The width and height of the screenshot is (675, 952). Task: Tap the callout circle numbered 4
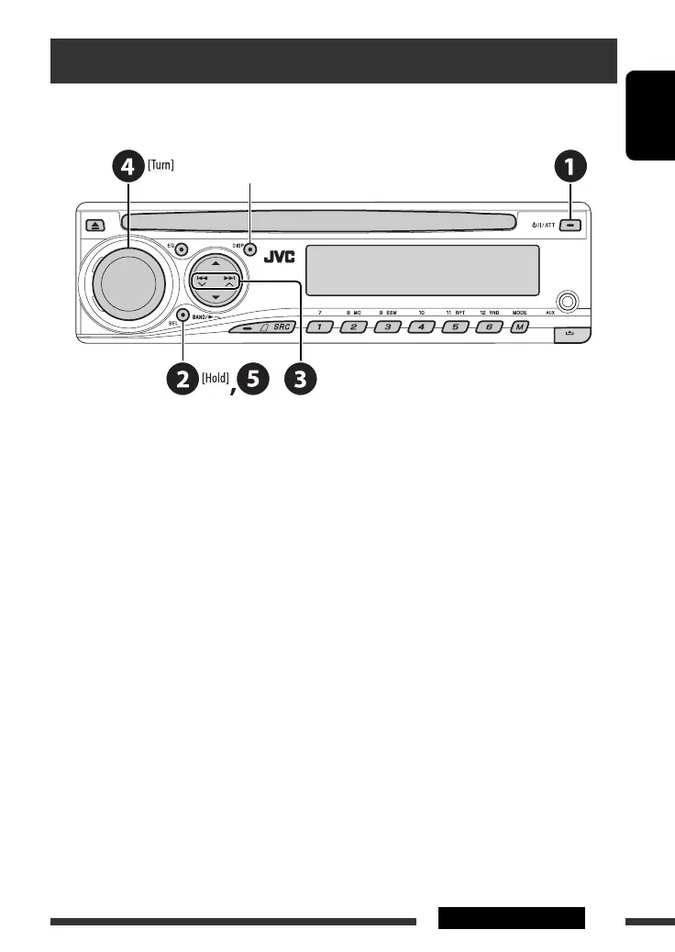coord(128,168)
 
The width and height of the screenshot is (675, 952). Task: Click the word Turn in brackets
coord(161,165)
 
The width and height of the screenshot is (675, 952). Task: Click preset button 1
coord(318,327)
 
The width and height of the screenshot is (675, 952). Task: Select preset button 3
coord(387,327)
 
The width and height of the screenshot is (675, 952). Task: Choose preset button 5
coord(455,327)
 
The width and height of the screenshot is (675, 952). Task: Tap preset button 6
coord(489,327)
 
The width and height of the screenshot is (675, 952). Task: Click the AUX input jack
coord(568,301)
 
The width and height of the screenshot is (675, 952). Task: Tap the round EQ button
coord(182,249)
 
